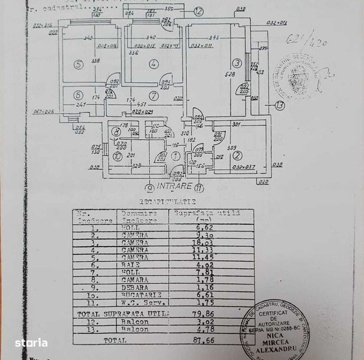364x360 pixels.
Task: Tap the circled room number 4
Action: (154, 63)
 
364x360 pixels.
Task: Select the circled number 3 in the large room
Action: (237, 62)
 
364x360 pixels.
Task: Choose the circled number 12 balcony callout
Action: (199, 11)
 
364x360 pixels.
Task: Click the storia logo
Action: (31, 343)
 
